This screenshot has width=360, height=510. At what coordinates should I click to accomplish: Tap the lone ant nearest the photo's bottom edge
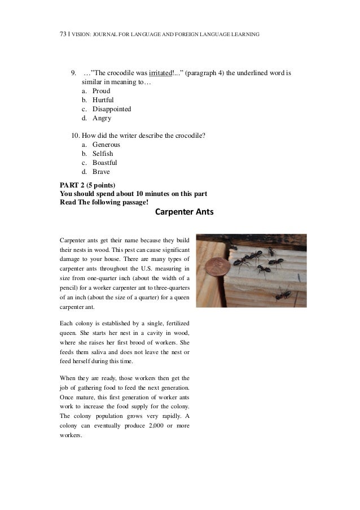(x=280, y=294)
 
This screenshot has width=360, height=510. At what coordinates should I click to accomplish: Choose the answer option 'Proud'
(x=101, y=91)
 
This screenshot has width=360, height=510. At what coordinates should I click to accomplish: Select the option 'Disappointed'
(x=112, y=109)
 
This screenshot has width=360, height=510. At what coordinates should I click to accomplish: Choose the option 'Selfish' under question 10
(x=102, y=154)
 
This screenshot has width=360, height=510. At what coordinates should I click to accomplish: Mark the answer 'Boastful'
(x=104, y=163)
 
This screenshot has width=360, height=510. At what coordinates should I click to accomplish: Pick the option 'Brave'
(x=100, y=172)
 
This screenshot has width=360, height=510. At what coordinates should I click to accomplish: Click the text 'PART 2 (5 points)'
(x=87, y=185)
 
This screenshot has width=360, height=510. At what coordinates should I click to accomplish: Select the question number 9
(x=73, y=73)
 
